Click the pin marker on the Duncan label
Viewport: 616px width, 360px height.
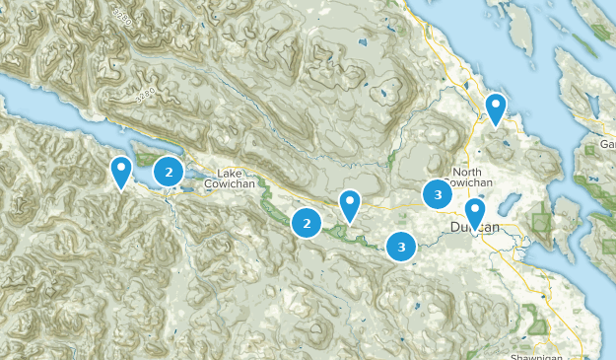[x=475, y=212]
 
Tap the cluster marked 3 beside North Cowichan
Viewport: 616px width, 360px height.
[x=438, y=194]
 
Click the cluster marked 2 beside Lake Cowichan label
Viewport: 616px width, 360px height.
[x=170, y=173]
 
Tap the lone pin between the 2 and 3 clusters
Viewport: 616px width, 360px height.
[x=349, y=205]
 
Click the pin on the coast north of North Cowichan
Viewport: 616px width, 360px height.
[x=496, y=107]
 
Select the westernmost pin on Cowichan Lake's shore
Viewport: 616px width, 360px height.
[x=121, y=171]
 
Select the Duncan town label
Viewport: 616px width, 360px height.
[x=475, y=228]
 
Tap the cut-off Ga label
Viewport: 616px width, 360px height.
[x=607, y=146]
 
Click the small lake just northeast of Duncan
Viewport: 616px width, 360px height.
[x=510, y=202]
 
